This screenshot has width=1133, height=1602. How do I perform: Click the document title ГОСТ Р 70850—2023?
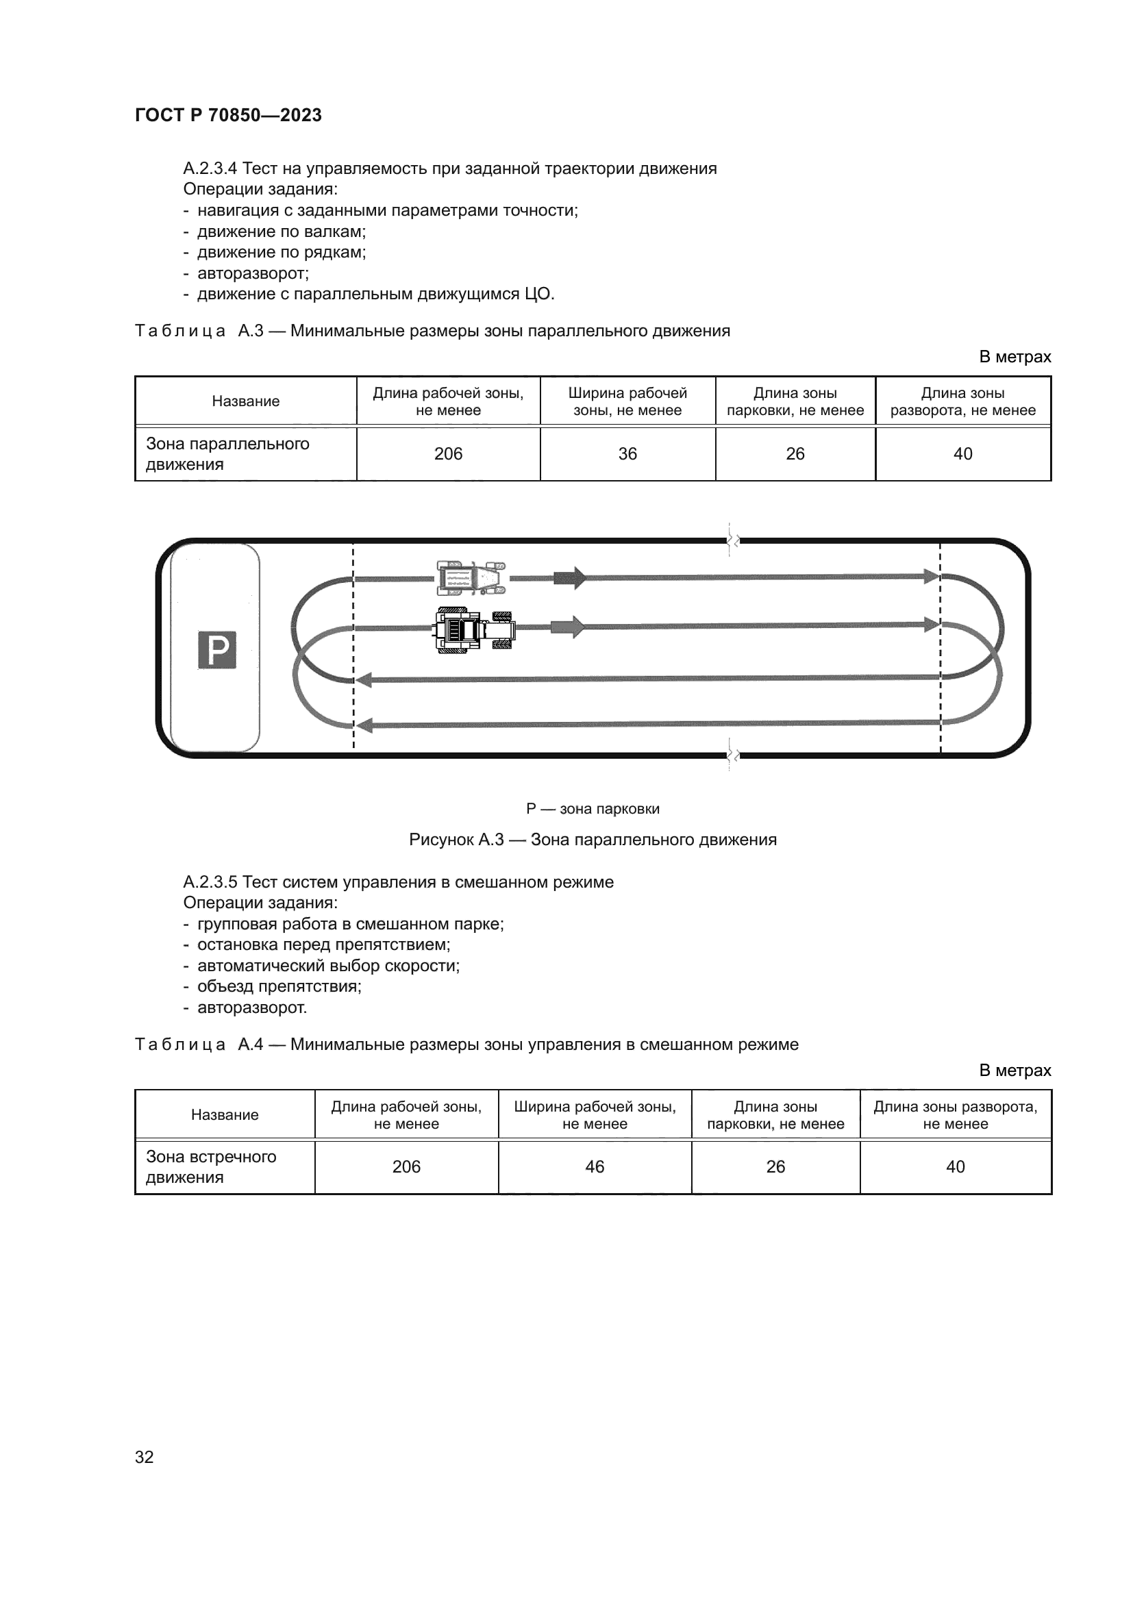228,115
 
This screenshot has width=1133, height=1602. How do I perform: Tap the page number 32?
145,1457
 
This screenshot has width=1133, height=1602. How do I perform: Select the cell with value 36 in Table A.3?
627,453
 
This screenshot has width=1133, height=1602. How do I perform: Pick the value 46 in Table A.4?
595,1166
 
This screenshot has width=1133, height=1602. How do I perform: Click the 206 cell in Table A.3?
448,453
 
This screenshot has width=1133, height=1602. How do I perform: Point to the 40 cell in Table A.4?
955,1166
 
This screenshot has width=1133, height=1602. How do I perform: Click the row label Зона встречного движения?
211,1166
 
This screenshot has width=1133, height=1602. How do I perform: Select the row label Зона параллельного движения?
227,453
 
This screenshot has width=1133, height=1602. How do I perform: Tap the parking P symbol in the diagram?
217,649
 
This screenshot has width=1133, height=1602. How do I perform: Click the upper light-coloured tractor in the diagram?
471,578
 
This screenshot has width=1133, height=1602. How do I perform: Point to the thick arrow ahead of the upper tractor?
569,578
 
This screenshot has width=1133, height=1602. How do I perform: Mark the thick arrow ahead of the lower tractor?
567,627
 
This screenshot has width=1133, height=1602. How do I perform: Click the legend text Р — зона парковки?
593,809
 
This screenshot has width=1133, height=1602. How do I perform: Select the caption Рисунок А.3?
593,840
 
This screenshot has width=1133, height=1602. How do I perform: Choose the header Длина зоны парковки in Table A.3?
795,401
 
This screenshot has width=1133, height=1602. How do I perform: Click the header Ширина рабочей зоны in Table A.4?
595,1115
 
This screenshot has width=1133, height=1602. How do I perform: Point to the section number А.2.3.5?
210,882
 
